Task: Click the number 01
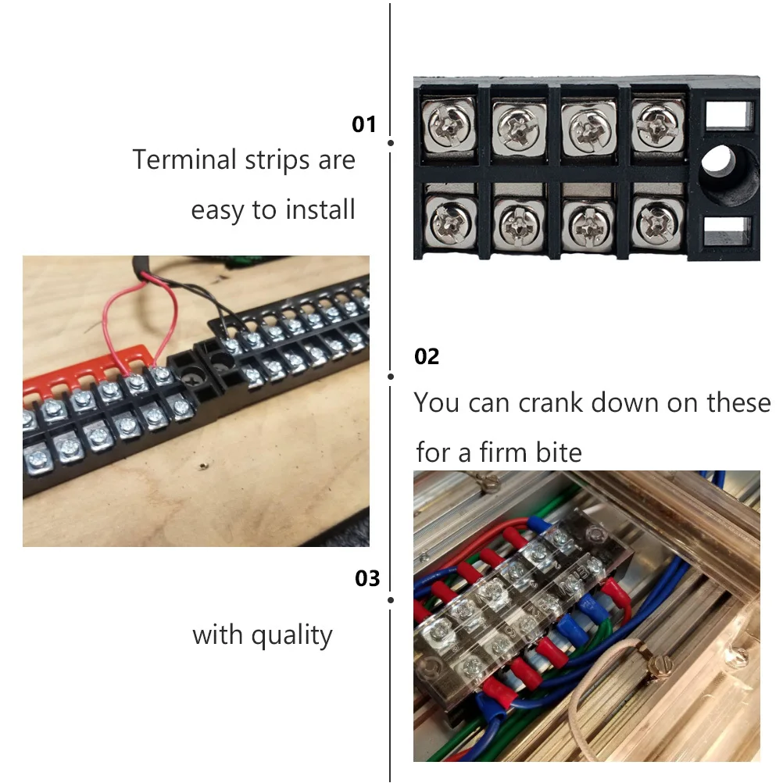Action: (x=364, y=124)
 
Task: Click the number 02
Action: (x=427, y=357)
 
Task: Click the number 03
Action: (x=367, y=578)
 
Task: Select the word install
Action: (x=320, y=209)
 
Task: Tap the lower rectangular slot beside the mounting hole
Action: (x=727, y=231)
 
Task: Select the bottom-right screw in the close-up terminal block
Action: (x=652, y=222)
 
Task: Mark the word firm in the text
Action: (x=499, y=452)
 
